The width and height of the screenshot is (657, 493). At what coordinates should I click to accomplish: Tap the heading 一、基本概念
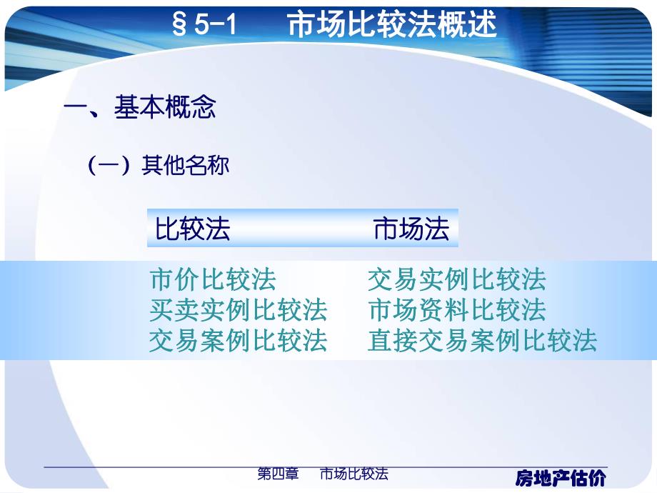click(140, 108)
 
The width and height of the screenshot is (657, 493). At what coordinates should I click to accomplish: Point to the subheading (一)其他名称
click(158, 166)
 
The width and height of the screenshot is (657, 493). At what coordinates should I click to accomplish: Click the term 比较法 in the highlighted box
click(193, 229)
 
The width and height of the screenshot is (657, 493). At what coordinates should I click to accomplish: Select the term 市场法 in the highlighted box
click(411, 229)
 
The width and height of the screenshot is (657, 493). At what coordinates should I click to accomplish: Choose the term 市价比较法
click(213, 279)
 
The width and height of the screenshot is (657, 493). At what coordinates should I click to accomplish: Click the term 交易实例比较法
click(456, 279)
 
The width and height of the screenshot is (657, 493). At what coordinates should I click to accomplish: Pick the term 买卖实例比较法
click(239, 310)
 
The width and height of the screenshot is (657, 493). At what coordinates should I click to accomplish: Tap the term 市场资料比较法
click(456, 310)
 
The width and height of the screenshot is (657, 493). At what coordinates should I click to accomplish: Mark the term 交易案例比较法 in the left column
click(239, 341)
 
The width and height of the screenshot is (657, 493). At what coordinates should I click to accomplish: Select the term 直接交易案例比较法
click(482, 341)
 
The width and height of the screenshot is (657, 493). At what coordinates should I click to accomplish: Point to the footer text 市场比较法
click(353, 474)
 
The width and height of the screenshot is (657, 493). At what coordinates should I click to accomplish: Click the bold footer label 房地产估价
click(561, 477)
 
